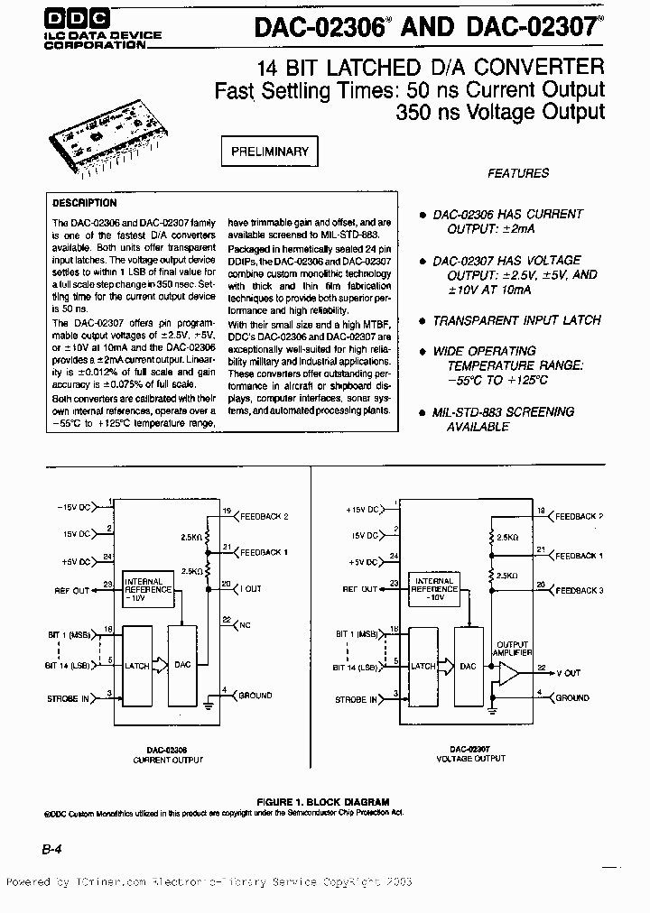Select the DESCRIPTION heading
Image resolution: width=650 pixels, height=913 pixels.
tap(84, 204)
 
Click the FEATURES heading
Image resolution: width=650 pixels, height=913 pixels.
tap(517, 173)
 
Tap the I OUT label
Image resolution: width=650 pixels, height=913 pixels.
tap(251, 588)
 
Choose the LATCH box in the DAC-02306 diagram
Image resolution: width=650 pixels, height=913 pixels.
tap(137, 666)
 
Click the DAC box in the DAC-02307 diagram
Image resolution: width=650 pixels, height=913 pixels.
tap(468, 666)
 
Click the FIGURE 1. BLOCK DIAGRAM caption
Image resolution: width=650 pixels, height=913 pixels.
tap(322, 801)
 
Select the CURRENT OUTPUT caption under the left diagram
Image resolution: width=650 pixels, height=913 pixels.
tap(168, 760)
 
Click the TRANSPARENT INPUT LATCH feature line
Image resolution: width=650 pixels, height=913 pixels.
tap(516, 320)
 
